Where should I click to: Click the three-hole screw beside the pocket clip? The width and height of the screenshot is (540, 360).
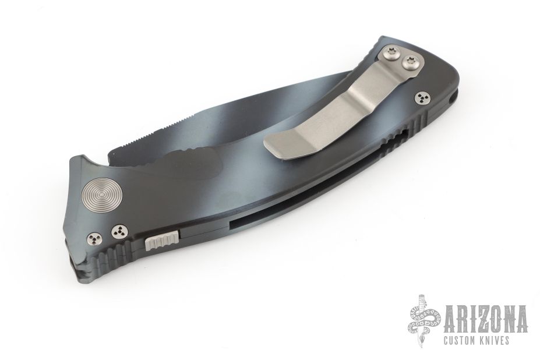coord(422,99)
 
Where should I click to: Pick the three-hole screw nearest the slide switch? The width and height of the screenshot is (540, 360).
coord(119,232)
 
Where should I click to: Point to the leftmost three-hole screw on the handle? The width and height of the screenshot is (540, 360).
coord(94,238)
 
